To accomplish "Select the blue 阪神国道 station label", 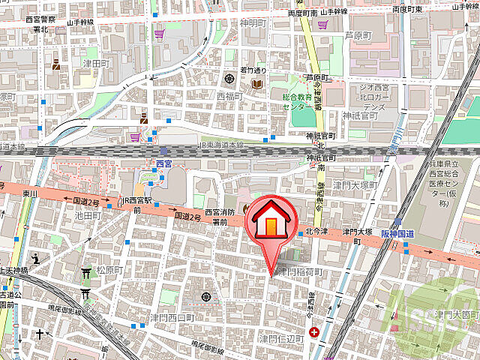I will click(410, 232).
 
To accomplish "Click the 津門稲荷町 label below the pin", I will click(300, 271).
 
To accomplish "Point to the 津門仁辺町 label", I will click(281, 339).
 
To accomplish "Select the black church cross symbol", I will click(37, 332).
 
